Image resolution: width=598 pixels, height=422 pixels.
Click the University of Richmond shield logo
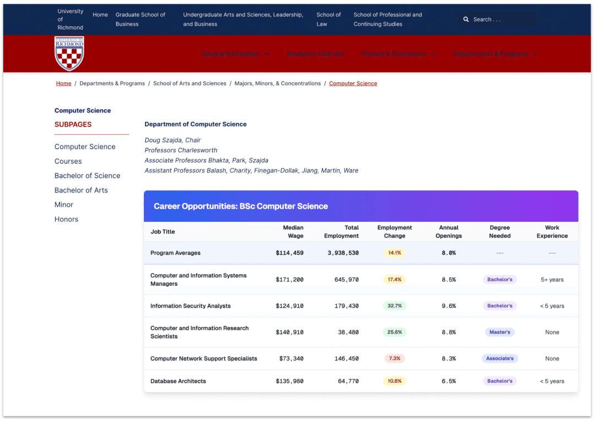point(69,54)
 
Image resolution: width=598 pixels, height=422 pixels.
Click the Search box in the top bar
point(496,19)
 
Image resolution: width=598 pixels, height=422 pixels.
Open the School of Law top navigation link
point(328,19)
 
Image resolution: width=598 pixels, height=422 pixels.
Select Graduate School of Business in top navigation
point(140,19)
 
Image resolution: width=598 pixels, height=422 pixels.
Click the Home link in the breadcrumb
point(63,83)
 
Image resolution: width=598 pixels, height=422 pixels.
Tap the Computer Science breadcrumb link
point(353,83)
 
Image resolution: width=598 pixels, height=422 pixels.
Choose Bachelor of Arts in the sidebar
point(81,190)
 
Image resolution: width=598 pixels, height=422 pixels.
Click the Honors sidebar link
point(66,219)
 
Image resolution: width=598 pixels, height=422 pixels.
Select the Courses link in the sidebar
point(68,161)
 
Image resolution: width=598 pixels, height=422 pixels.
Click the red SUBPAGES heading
point(73,125)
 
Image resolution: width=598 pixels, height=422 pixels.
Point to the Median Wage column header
point(293,232)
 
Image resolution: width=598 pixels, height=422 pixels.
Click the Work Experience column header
point(552,232)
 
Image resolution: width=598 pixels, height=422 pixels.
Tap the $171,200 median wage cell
point(289,280)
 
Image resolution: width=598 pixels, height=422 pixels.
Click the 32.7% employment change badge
point(395,306)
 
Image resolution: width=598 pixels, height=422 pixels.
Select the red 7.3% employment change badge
point(395,359)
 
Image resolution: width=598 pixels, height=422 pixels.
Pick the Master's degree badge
point(500,332)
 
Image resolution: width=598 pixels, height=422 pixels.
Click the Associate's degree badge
point(500,359)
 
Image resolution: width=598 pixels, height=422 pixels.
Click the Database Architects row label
point(178,381)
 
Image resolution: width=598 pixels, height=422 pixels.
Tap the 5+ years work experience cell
point(552,280)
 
